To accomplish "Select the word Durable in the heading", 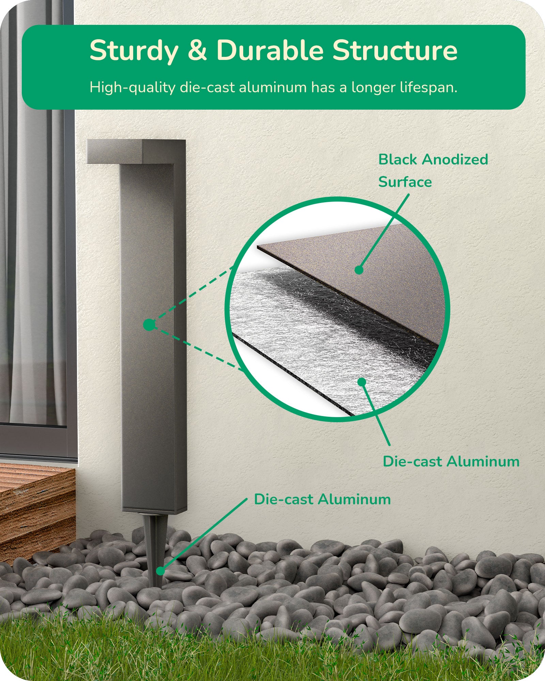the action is [x=270, y=50].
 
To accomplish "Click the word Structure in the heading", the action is [x=395, y=50].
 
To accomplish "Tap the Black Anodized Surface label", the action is [x=433, y=171].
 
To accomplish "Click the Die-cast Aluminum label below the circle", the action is [x=451, y=462].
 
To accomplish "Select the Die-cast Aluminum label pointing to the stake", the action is [x=322, y=500].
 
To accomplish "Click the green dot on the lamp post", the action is [x=149, y=325].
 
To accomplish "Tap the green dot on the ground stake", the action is [x=160, y=571].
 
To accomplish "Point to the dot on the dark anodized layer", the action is [x=359, y=270].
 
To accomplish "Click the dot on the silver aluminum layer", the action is [x=362, y=382].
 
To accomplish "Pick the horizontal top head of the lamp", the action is [x=136, y=152].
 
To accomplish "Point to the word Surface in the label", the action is [x=405, y=182].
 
